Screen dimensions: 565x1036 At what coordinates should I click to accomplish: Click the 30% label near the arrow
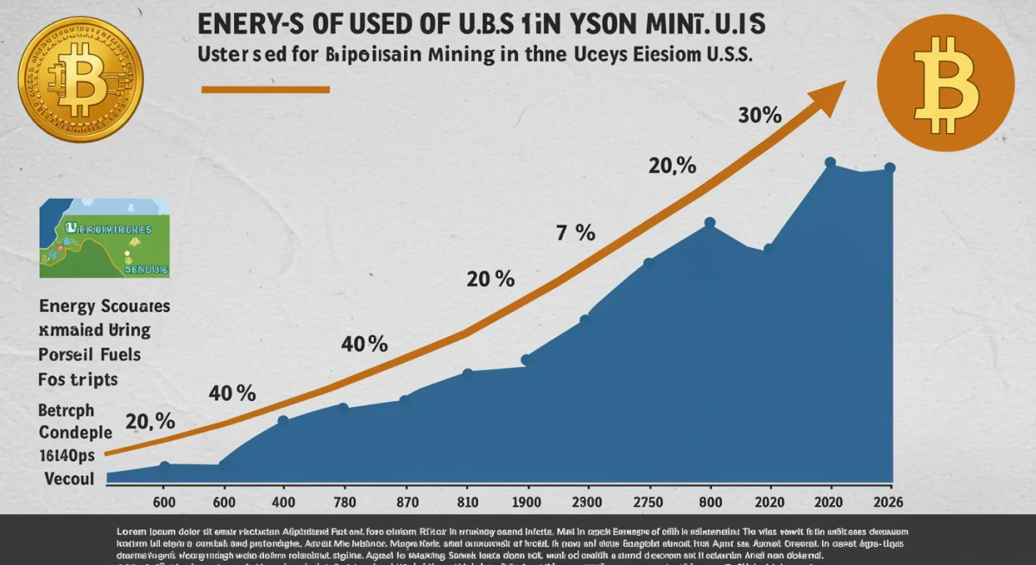pos(761,116)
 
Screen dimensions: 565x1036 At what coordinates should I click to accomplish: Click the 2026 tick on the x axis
pos(890,503)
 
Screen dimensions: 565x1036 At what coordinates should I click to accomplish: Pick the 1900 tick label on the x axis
pos(526,503)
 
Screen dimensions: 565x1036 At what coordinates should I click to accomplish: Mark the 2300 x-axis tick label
pos(586,503)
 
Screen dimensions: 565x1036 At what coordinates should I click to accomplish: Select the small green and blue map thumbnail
pos(104,237)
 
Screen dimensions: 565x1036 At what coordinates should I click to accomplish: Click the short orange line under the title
pos(265,89)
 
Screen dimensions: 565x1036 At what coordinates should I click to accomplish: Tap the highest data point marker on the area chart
pos(830,162)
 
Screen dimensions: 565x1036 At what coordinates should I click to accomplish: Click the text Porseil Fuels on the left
pos(90,354)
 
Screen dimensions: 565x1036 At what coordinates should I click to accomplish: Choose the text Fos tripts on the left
pos(79,378)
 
